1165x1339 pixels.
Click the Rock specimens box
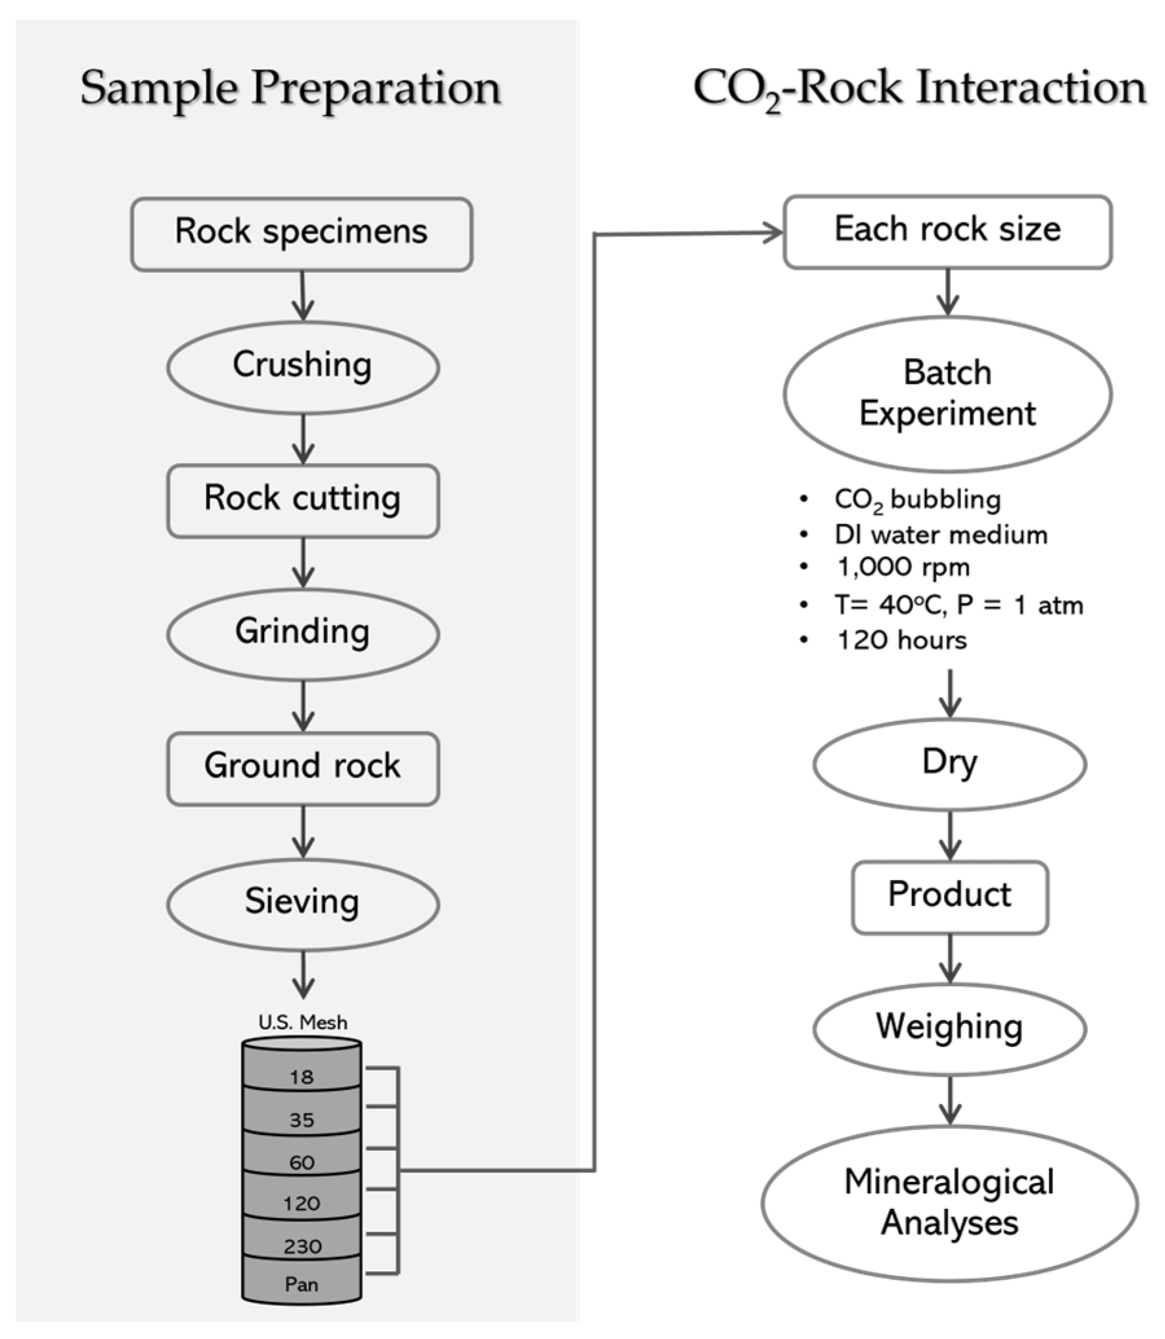(302, 234)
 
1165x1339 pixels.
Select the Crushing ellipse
(303, 367)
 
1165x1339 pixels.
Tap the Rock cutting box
(303, 500)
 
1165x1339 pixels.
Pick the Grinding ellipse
(303, 634)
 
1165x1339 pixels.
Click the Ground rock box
(303, 768)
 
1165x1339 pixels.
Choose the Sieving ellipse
(303, 903)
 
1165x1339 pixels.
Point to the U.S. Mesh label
(303, 1023)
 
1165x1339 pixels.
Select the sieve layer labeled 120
(302, 1203)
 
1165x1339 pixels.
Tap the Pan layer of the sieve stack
(302, 1285)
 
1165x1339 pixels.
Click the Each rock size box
(948, 232)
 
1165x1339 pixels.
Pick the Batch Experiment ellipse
(948, 394)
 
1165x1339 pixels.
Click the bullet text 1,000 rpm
(904, 568)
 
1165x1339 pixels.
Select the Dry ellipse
(950, 764)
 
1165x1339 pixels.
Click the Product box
(950, 897)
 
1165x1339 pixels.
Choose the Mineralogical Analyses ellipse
(950, 1203)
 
